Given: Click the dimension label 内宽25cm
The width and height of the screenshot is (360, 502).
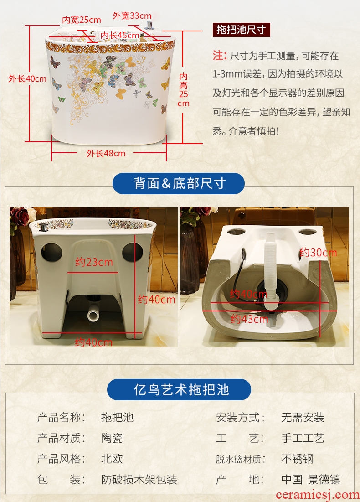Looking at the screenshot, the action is [x=82, y=20].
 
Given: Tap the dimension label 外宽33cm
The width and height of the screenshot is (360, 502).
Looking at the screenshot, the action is [x=132, y=16].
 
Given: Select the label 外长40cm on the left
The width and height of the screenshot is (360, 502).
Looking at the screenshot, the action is [x=27, y=79].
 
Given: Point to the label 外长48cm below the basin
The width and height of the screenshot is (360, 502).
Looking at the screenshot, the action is [x=106, y=153].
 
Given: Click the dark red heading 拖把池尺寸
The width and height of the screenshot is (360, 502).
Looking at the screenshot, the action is [x=241, y=30].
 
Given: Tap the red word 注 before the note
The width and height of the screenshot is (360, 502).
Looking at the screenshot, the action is [x=218, y=56].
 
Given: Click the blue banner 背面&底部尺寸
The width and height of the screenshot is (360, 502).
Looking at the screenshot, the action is [x=179, y=183].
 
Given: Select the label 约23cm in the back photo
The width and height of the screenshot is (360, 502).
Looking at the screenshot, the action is [x=94, y=262].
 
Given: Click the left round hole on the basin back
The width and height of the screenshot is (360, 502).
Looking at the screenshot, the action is [x=52, y=252].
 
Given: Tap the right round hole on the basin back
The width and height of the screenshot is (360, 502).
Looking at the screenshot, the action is [x=133, y=252].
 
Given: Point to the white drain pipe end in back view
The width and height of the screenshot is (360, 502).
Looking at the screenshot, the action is [x=93, y=316].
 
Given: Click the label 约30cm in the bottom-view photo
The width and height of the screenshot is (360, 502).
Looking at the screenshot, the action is [x=319, y=253].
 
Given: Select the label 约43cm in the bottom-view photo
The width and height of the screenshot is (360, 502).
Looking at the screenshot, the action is [x=249, y=319].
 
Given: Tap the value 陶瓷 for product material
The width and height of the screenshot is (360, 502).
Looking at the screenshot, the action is [x=112, y=438].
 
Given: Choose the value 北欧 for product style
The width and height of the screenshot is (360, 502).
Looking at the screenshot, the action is [x=112, y=459].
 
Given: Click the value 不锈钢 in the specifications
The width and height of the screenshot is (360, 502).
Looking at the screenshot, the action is [x=297, y=459].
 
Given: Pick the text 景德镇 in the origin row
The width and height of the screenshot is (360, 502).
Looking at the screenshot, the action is [x=324, y=480].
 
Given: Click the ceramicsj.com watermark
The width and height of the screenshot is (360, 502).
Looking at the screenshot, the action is [x=318, y=495].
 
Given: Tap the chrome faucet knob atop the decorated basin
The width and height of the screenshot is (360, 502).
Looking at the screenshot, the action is [x=149, y=26].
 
